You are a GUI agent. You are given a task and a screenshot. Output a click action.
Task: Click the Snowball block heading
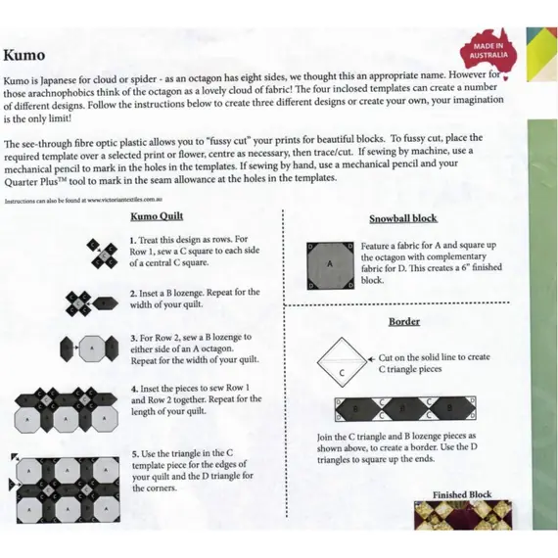[402, 218]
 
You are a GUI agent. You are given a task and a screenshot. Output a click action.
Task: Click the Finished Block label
[462, 495]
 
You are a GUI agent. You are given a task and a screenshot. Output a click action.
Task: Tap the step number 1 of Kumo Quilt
[132, 240]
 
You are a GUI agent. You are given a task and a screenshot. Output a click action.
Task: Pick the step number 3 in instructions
[132, 337]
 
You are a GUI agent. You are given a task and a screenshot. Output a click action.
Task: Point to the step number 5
[132, 454]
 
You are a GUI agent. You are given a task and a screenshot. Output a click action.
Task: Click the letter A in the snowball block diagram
[330, 264]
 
